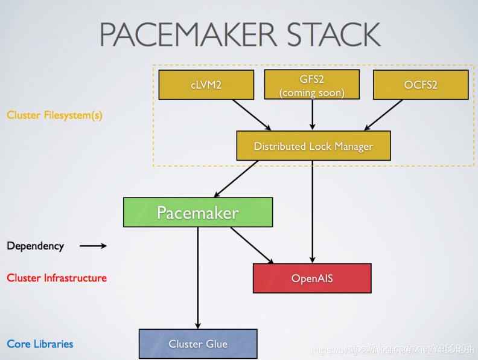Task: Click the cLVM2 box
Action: (206, 85)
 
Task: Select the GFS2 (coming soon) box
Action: (312, 85)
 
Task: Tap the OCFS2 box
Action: (421, 85)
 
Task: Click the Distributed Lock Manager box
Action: (313, 146)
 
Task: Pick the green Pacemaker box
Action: (198, 213)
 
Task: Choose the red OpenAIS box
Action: (312, 278)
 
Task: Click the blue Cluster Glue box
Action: (198, 344)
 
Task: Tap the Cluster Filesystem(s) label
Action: (54, 115)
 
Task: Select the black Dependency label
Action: (35, 246)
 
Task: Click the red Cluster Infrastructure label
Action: (57, 278)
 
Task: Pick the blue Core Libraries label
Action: (40, 344)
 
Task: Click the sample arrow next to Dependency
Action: (93, 246)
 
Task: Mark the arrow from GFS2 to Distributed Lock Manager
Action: (312, 115)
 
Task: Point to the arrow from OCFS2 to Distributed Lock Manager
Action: (383, 114)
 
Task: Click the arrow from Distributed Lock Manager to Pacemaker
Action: (237, 179)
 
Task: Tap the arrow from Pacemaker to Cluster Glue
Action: (198, 278)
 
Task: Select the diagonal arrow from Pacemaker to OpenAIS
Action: (252, 246)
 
